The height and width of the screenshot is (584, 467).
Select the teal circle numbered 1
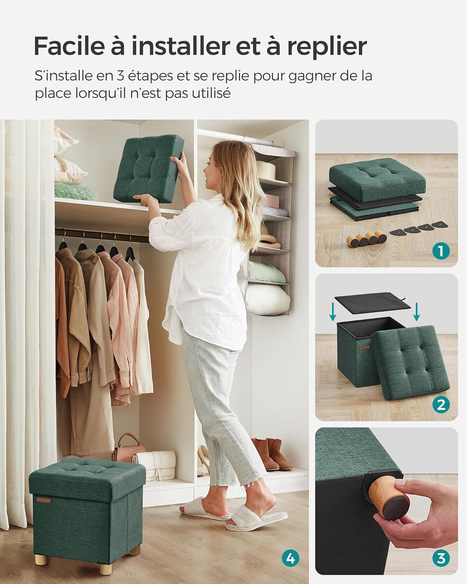[x=441, y=251]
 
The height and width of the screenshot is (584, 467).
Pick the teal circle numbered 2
[x=441, y=405]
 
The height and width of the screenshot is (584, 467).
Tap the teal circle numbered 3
[x=441, y=559]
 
